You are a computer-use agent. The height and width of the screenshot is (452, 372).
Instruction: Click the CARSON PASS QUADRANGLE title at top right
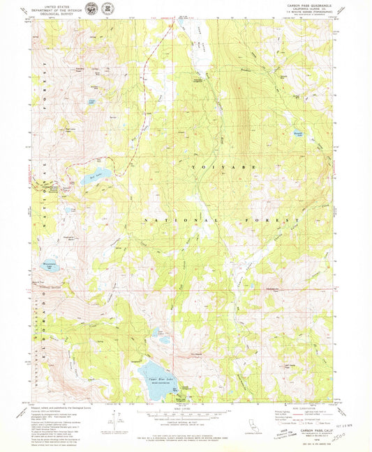(x=308, y=4)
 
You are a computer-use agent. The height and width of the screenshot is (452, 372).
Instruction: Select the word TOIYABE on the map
(x=216, y=168)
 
